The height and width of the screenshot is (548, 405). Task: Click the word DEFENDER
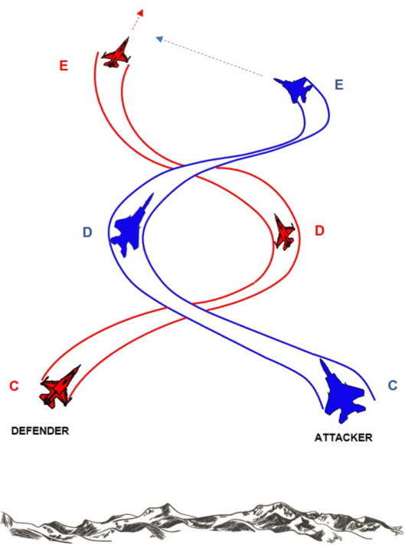click(x=40, y=431)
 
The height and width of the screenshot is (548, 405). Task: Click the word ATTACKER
click(x=344, y=438)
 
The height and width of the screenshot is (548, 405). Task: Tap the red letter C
click(x=14, y=386)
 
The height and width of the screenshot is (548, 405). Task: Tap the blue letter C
click(x=393, y=385)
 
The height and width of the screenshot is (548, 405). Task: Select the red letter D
click(x=320, y=230)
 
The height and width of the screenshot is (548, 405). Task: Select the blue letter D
click(x=87, y=232)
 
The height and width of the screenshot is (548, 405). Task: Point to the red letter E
click(x=64, y=65)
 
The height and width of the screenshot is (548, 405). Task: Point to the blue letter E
click(x=339, y=85)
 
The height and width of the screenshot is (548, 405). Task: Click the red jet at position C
click(x=59, y=387)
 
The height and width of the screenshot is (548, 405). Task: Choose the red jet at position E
click(x=116, y=54)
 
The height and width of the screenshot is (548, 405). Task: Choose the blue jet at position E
click(x=295, y=89)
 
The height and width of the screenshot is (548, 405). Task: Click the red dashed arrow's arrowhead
click(x=140, y=12)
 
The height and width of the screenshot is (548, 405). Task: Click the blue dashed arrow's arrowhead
click(x=159, y=39)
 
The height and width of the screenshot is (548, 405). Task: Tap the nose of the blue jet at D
click(x=152, y=194)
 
